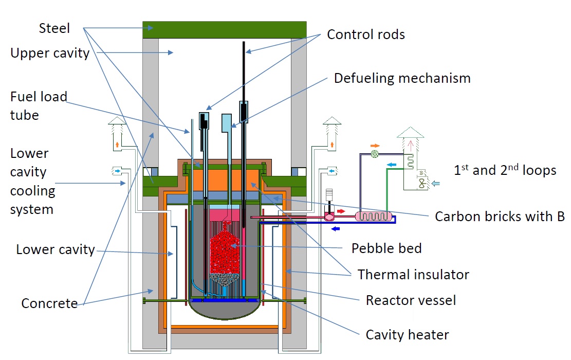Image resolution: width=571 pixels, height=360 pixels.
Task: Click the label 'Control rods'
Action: click(366, 34)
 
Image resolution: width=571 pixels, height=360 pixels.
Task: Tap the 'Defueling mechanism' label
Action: click(402, 78)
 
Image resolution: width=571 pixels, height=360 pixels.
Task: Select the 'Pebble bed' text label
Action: click(386, 248)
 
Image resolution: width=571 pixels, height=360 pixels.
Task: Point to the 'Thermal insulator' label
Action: click(413, 274)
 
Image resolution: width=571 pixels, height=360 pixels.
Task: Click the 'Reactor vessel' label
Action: click(411, 300)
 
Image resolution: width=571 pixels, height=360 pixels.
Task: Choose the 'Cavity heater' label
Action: click(407, 335)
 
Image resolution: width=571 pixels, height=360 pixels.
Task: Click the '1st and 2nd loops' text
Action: click(505, 170)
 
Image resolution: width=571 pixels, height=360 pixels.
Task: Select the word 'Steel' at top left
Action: click(54, 28)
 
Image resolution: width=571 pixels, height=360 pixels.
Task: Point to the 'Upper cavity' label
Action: click(50, 52)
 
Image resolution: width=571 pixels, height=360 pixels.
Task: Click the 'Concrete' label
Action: click(49, 303)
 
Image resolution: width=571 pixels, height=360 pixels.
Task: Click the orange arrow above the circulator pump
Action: click(375, 145)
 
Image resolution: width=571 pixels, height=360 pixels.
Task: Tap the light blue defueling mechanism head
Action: click(227, 122)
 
